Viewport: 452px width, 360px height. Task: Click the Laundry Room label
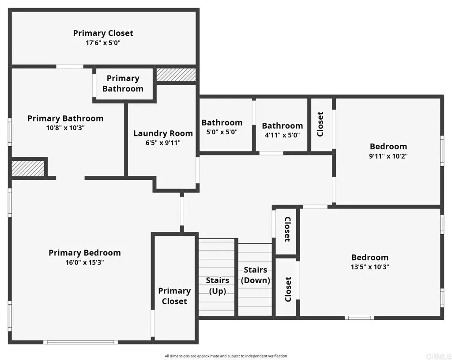tap(163, 133)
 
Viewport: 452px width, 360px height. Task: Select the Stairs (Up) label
tap(217, 286)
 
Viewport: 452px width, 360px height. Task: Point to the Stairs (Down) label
tap(256, 275)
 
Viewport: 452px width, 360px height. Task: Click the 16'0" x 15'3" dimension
tap(84, 262)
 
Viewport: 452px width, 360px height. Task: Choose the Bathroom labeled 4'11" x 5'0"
tap(282, 126)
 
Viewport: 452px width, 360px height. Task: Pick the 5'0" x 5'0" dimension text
tap(222, 132)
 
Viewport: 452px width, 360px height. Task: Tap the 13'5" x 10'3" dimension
tap(370, 267)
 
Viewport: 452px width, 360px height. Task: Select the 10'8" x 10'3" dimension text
tap(65, 128)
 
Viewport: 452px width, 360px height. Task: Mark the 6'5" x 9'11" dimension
tap(163, 143)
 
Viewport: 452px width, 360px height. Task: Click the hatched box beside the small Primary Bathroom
tap(176, 75)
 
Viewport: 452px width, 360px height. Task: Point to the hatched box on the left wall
tap(28, 168)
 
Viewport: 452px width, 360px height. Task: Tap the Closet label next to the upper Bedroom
tap(320, 124)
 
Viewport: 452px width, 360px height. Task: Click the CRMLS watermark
tap(441, 356)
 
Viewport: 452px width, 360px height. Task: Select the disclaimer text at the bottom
tap(226, 356)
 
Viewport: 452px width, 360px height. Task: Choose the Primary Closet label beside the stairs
tap(174, 296)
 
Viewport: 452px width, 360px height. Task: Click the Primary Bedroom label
tap(84, 253)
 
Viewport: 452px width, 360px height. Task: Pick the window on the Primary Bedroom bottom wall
tap(80, 342)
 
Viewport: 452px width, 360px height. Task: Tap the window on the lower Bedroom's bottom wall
tap(359, 317)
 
